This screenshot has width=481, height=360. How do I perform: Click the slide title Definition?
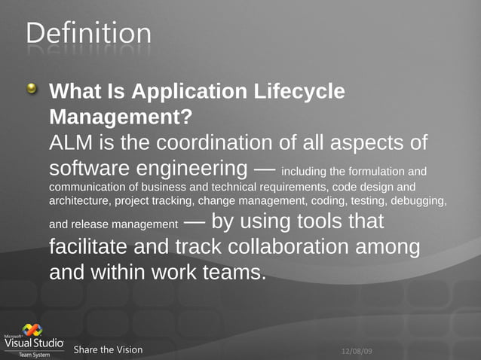coord(88,33)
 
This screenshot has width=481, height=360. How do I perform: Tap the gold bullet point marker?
coord(31,90)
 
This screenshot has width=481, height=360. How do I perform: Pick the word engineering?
coord(190,167)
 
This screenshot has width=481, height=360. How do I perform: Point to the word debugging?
coord(418,201)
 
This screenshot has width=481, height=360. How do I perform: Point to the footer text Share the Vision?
coord(108,349)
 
